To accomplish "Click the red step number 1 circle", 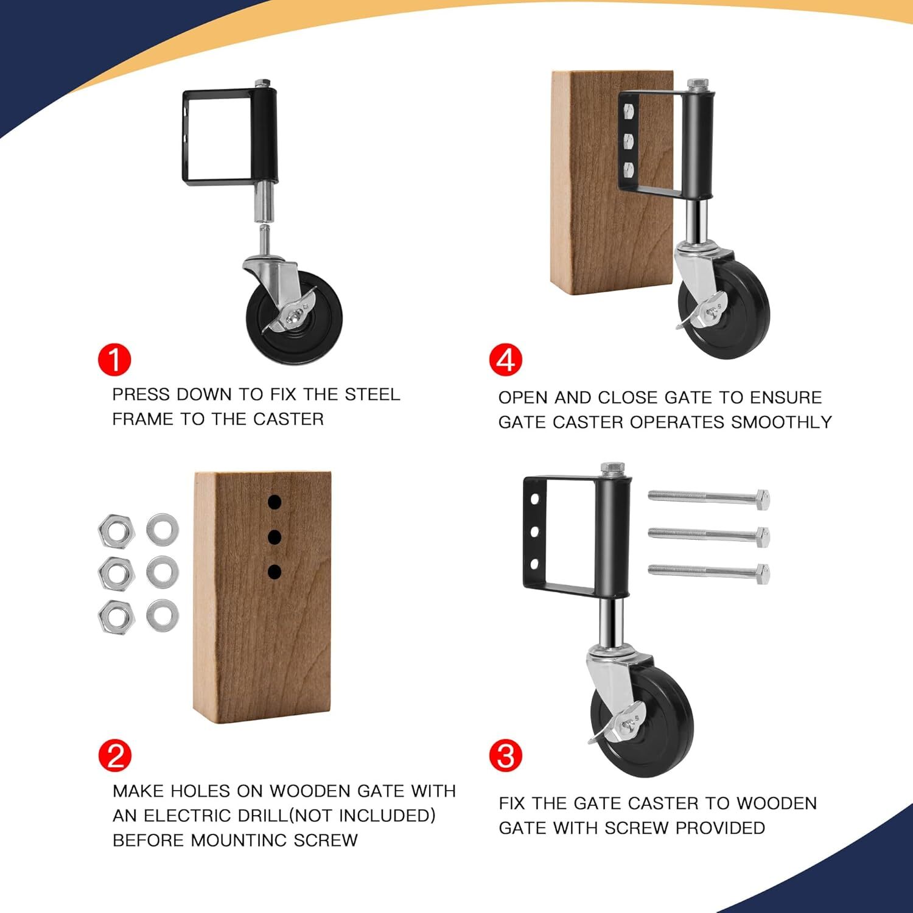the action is click(114, 360).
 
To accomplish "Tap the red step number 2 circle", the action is click(114, 757).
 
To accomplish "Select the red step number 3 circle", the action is click(506, 756).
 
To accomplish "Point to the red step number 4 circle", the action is click(506, 360).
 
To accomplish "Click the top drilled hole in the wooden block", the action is click(275, 502).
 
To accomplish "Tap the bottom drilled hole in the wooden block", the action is click(275, 572).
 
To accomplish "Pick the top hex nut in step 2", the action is click(116, 530).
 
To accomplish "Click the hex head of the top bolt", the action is click(763, 499).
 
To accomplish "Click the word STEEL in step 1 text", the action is click(373, 394).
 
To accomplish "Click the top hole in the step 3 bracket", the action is click(534, 500).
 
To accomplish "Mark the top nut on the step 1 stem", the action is click(264, 83).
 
